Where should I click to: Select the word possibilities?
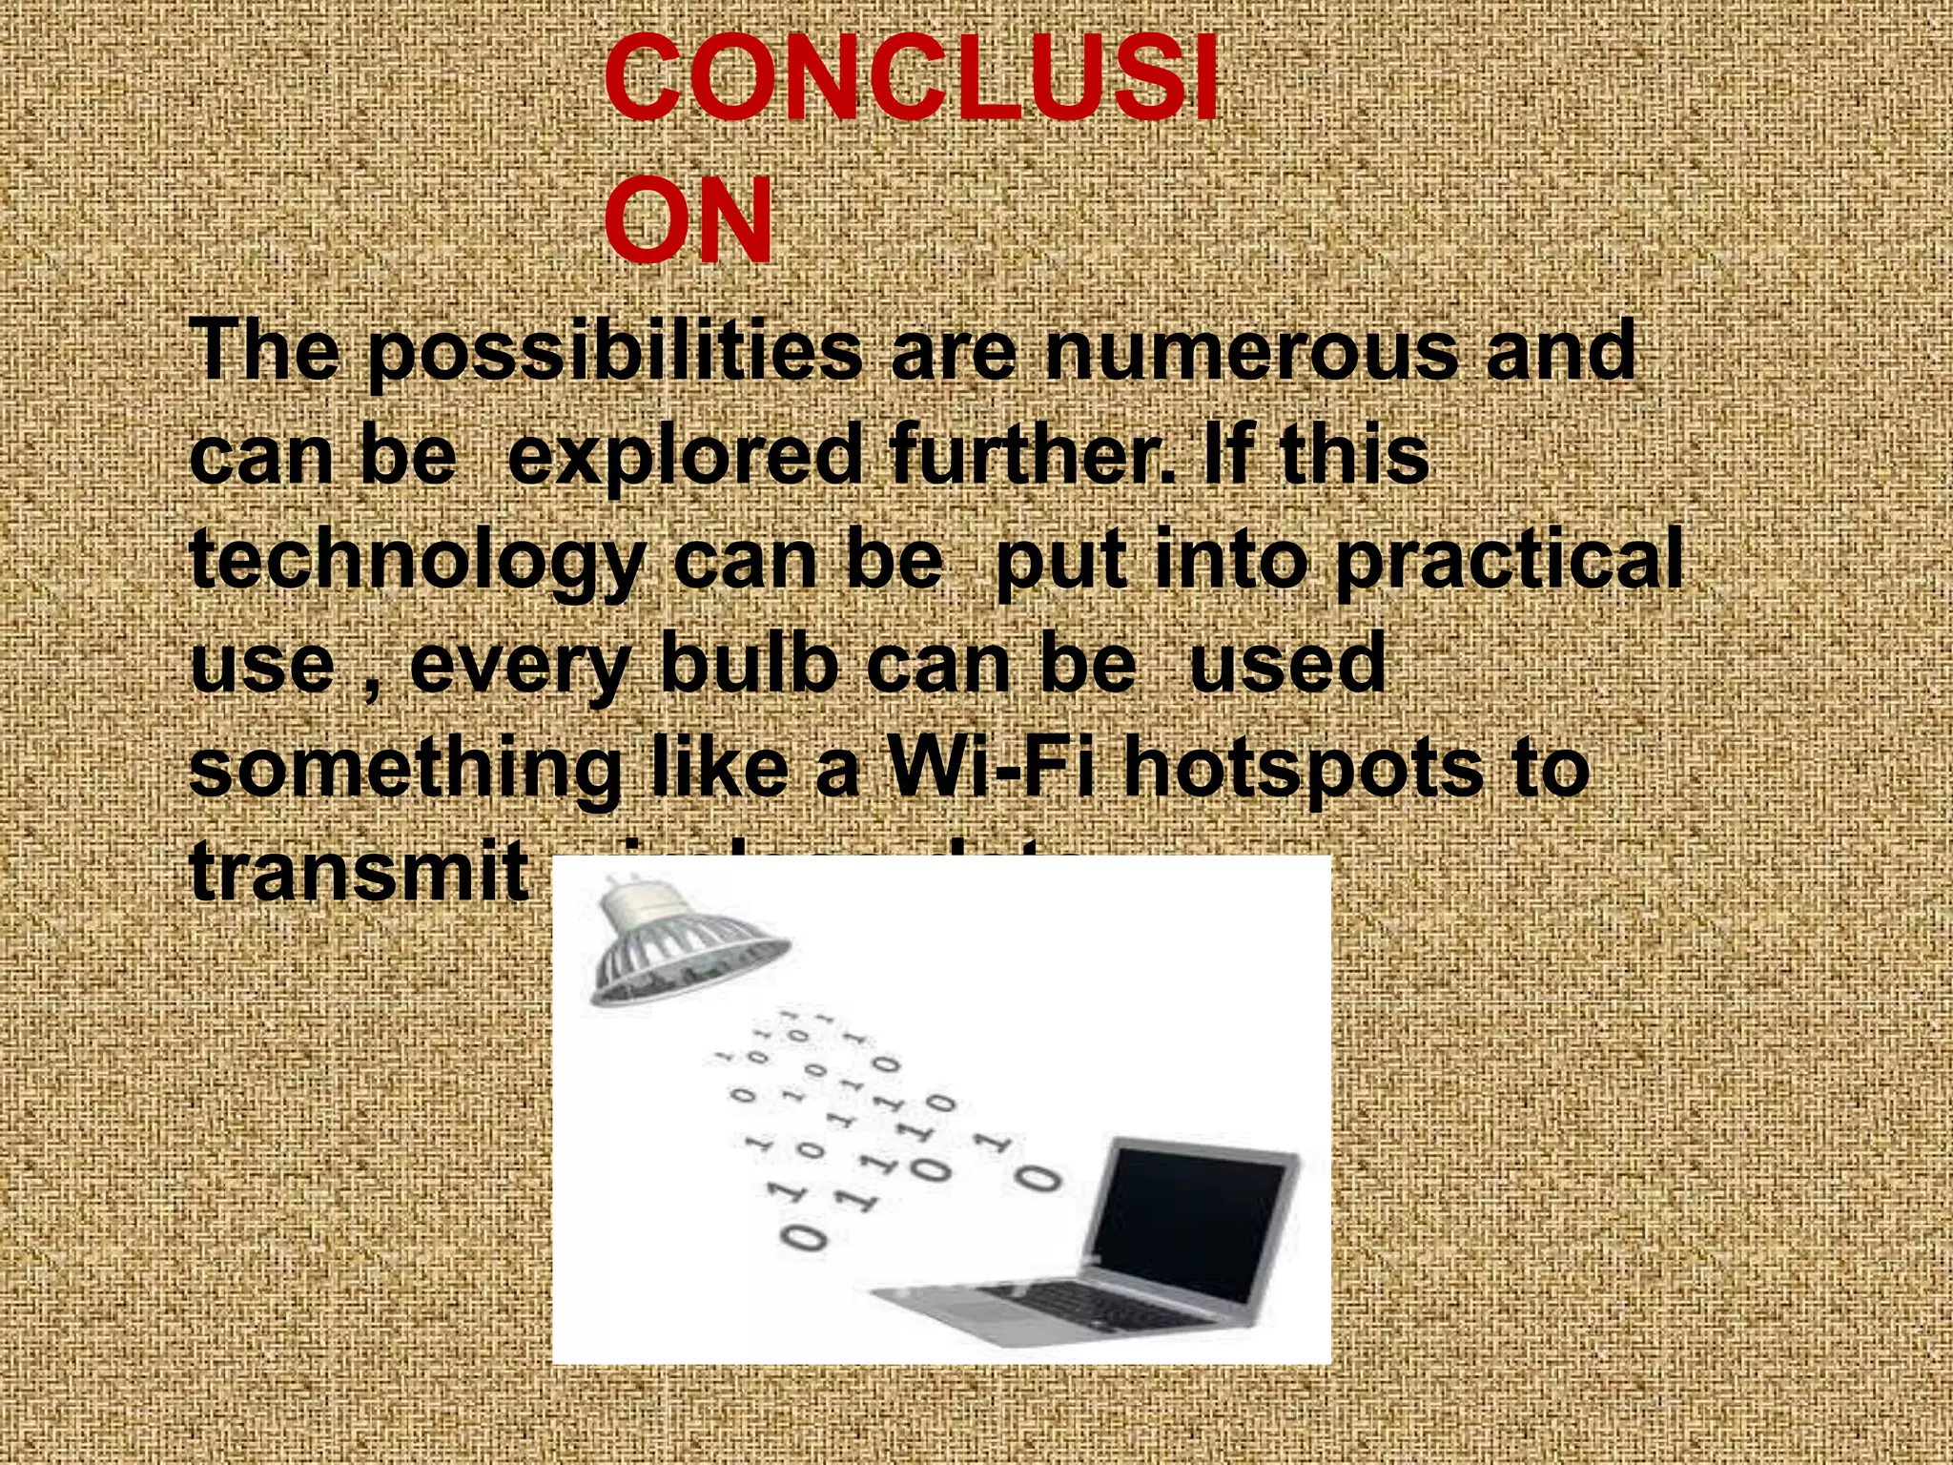click(614, 353)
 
